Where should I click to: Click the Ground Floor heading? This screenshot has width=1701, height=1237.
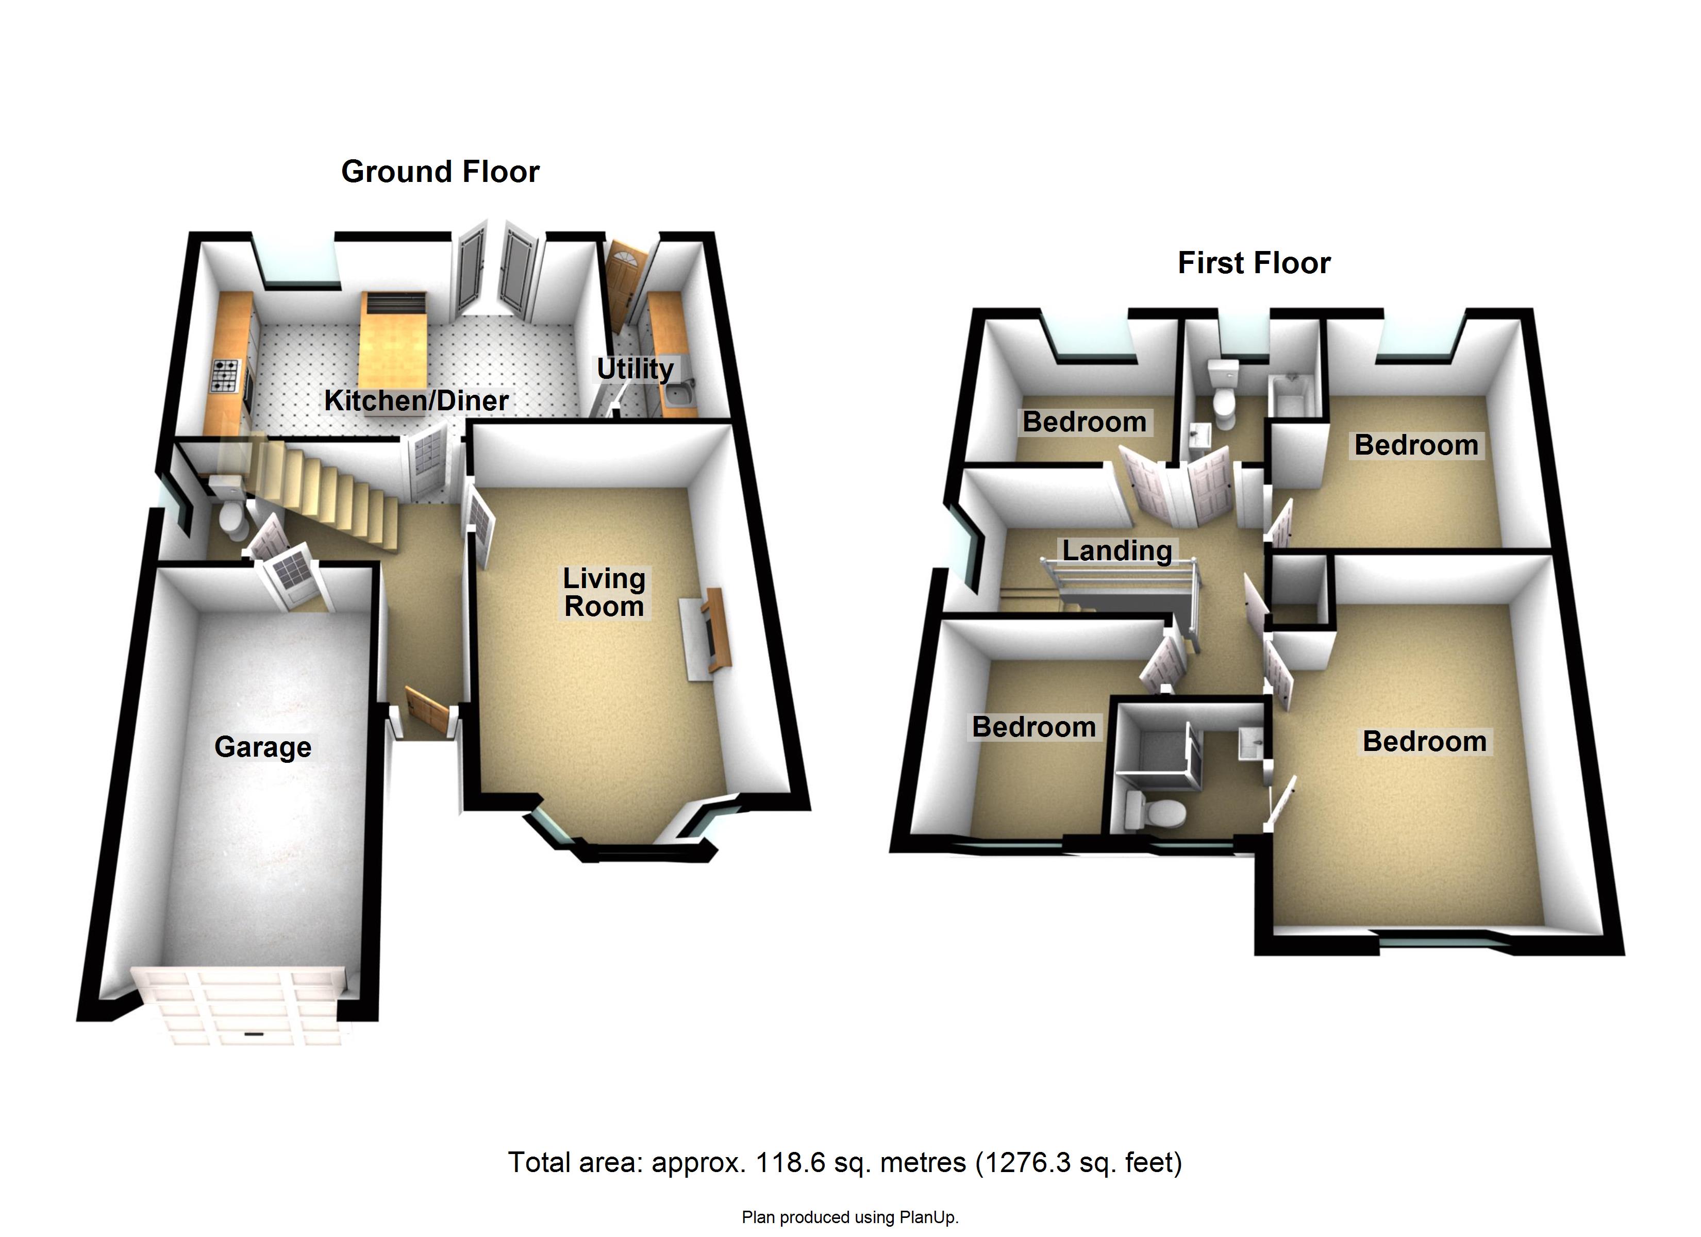point(440,172)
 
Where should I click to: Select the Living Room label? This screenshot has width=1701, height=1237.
point(605,592)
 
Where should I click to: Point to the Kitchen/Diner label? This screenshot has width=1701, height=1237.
point(416,400)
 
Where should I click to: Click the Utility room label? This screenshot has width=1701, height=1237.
point(635,369)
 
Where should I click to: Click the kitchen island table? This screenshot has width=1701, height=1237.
point(393,340)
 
